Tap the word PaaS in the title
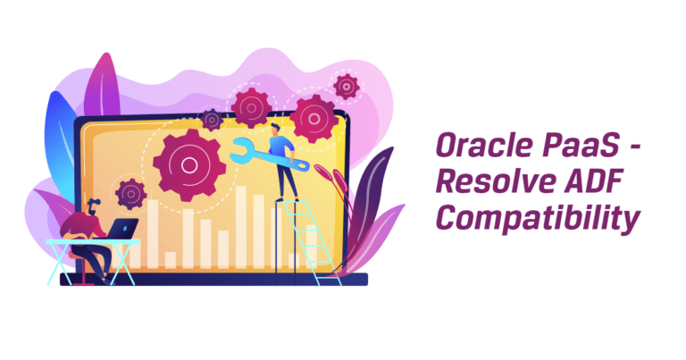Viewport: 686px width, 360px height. [x=581, y=146]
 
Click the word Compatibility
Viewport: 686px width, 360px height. [x=538, y=218]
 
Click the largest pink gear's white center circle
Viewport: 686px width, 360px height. [x=189, y=165]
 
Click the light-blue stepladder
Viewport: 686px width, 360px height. [x=306, y=243]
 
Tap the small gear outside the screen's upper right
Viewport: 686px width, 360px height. [x=347, y=87]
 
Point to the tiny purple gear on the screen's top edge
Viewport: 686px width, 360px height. [x=213, y=120]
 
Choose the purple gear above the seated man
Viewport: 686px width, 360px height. [x=130, y=194]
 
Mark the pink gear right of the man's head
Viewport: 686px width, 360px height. [x=314, y=119]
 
